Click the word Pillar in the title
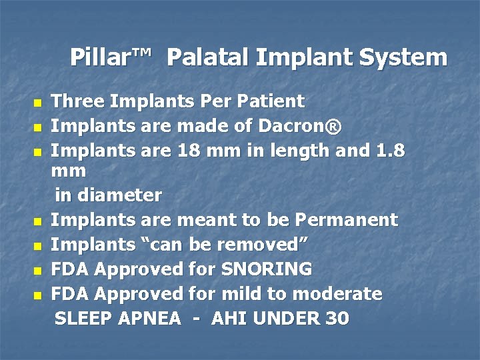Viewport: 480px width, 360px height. pos(100,57)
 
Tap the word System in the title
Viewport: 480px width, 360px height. pos(403,57)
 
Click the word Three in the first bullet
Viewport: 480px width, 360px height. pos(78,101)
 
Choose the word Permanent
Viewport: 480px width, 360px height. pos(347,219)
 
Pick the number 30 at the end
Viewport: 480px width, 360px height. pos(337,319)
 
